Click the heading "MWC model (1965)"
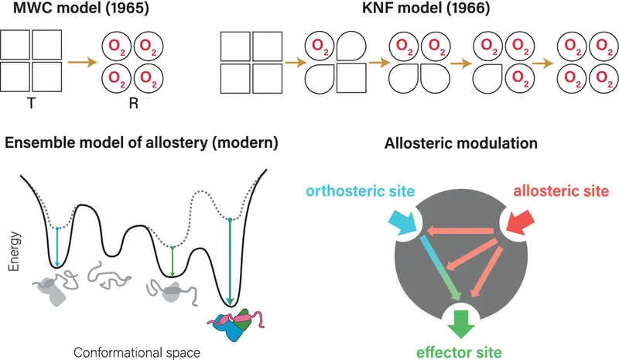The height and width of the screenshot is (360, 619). pyautogui.click(x=58, y=11)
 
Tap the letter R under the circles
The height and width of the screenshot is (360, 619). pyautogui.click(x=133, y=101)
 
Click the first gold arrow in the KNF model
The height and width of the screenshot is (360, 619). pyautogui.click(x=292, y=59)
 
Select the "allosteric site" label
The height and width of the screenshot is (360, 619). pyautogui.click(x=562, y=190)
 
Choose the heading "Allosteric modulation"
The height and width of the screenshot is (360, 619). pyautogui.click(x=463, y=143)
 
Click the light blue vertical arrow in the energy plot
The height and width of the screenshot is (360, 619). pyautogui.click(x=58, y=246)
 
